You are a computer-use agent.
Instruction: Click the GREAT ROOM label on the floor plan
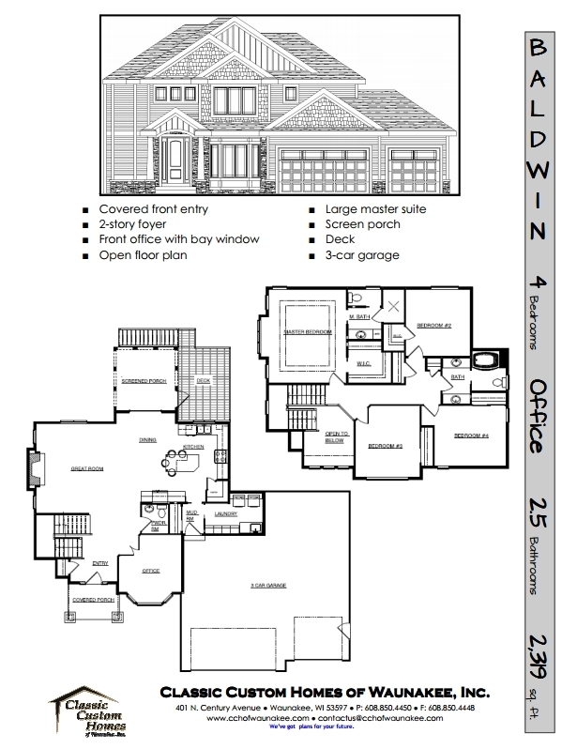point(85,466)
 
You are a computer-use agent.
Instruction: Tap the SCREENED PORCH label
point(143,381)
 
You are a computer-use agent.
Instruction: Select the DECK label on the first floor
point(203,380)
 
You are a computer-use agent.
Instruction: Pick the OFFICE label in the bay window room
point(150,570)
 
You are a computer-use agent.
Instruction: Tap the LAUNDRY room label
point(224,513)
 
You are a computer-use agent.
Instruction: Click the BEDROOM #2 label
point(434,325)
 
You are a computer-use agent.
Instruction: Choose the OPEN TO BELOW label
point(337,436)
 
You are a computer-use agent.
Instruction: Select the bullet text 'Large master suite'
point(375,209)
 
